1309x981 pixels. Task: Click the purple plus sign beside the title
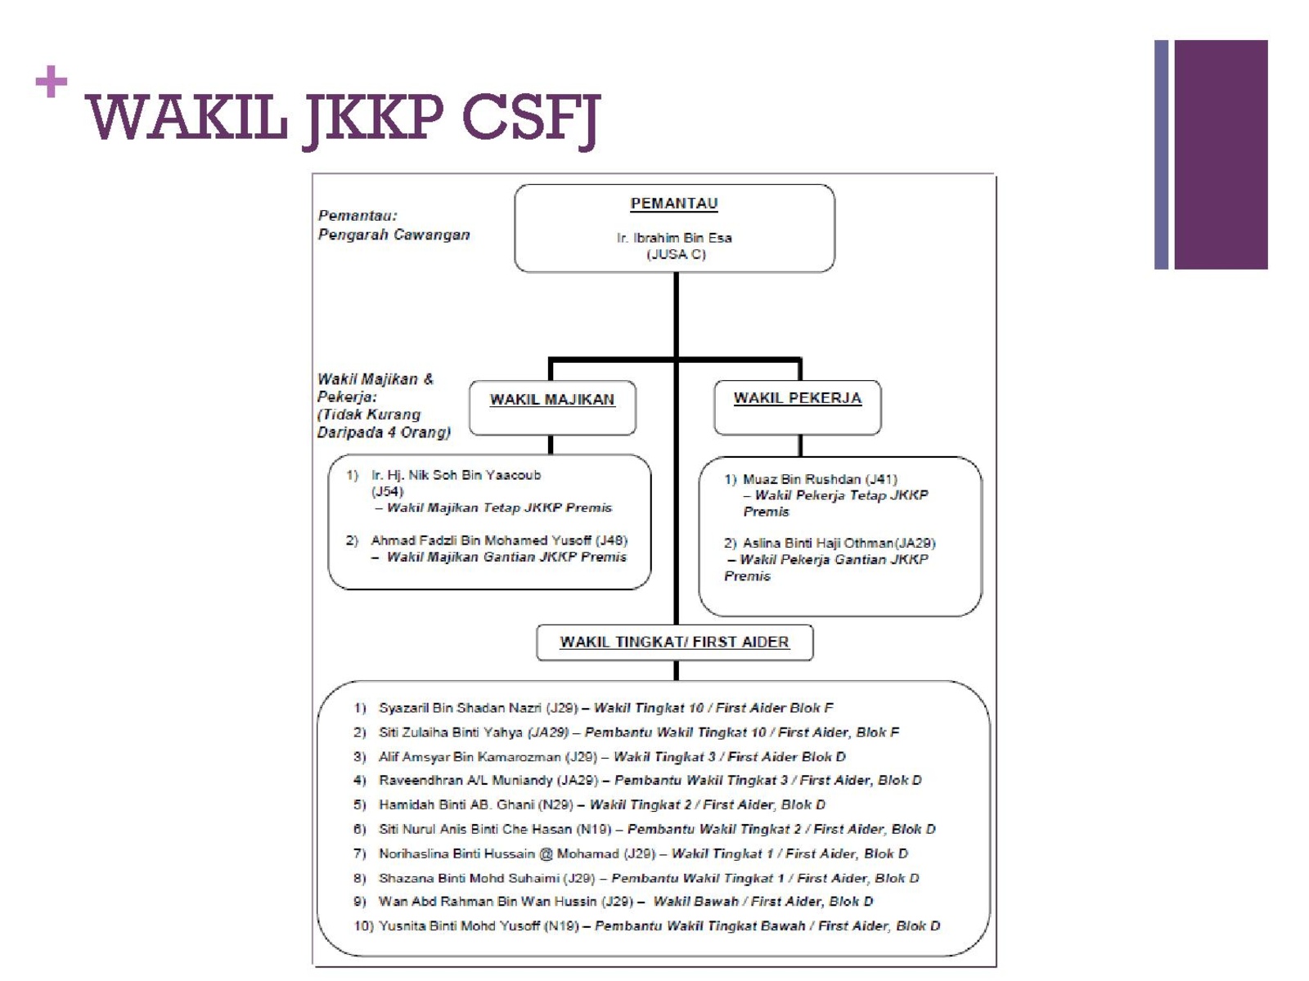[x=52, y=81]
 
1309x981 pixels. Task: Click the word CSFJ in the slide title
[x=531, y=119]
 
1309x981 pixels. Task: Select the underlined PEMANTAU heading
[x=674, y=204]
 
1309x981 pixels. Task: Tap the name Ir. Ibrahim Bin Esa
[x=674, y=238]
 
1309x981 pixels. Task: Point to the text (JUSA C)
[x=676, y=254]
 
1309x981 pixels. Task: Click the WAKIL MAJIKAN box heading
[x=551, y=400]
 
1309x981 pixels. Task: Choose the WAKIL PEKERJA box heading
[x=798, y=398]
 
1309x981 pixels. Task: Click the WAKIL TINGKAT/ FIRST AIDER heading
[x=674, y=642]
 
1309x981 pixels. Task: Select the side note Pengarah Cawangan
[x=394, y=235]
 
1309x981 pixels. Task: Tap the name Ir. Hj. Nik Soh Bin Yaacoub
[x=456, y=475]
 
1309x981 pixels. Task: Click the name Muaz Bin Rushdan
[x=802, y=479]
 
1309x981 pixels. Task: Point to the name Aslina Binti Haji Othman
[x=817, y=543]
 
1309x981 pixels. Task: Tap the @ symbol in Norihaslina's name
[x=546, y=853]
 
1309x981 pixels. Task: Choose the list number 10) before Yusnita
[x=363, y=925]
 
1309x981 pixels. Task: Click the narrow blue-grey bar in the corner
[x=1160, y=155]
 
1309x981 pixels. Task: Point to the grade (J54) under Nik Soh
[x=387, y=491]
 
